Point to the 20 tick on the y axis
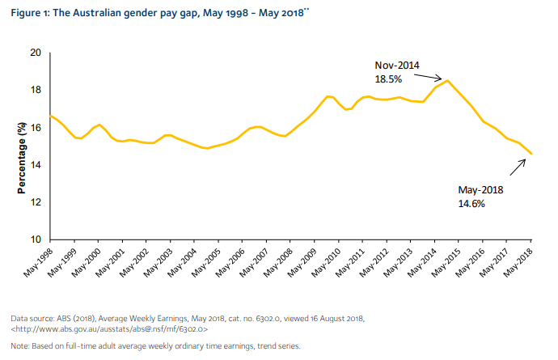click(x=36, y=53)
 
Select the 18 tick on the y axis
click(x=36, y=90)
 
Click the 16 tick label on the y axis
click(x=36, y=128)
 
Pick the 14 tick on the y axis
click(x=36, y=165)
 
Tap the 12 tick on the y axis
click(x=36, y=202)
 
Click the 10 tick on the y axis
click(x=36, y=240)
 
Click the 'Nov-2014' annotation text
click(x=395, y=65)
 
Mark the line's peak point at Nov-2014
click(x=447, y=80)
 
